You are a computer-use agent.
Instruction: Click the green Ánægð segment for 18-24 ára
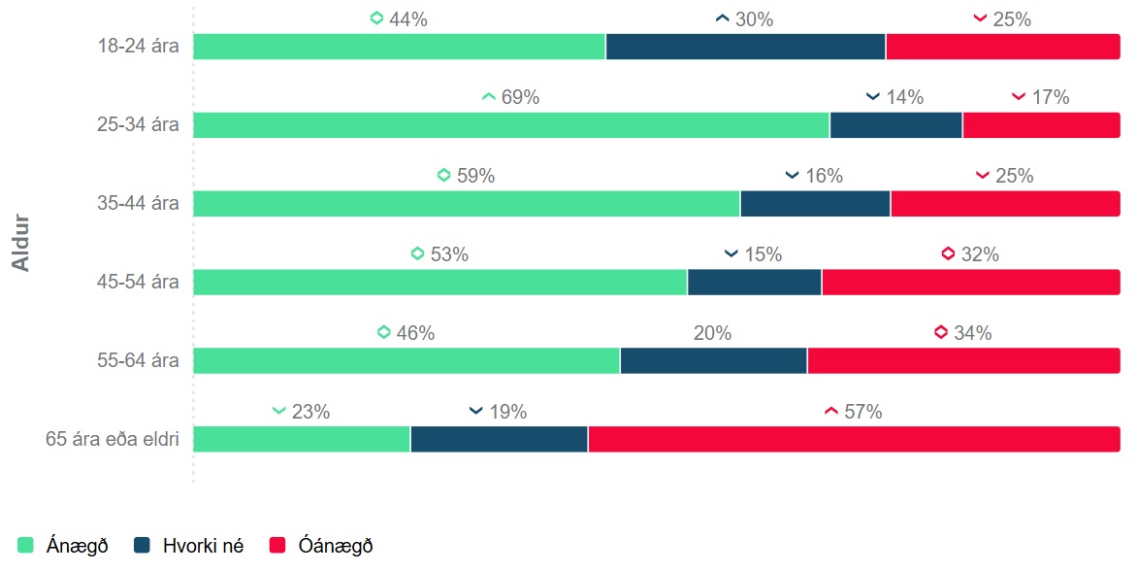399,47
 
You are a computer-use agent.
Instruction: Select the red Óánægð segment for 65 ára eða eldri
854,439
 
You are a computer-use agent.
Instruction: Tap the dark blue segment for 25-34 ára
895,125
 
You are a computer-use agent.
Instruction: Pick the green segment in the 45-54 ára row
439,282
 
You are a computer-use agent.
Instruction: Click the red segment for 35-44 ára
1005,204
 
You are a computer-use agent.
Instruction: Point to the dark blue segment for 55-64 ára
713,360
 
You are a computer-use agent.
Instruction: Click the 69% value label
520,98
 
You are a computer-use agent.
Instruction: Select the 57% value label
862,412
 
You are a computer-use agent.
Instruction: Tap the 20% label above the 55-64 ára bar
712,333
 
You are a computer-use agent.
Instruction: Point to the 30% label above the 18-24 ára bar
754,19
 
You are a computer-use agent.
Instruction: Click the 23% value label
310,412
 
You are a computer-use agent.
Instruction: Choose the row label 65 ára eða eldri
113,439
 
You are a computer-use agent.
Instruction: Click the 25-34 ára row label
138,125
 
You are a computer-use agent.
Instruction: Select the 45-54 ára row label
138,283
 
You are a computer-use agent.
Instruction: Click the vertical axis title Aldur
21,243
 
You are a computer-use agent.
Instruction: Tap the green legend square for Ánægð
26,546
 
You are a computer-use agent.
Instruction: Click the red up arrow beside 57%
830,412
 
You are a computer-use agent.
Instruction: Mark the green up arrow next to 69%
488,97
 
